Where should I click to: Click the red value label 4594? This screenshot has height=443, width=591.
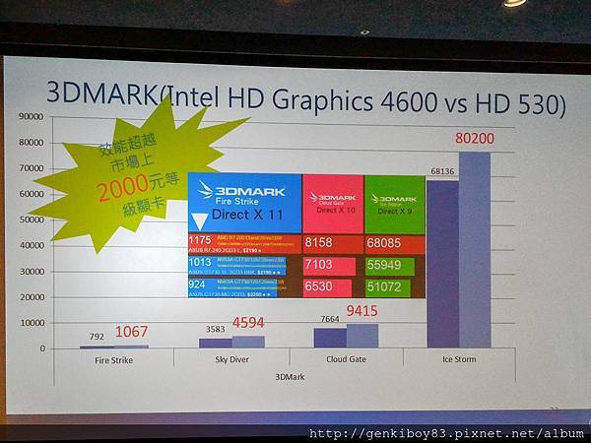[247, 323]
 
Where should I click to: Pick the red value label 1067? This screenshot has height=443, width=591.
[132, 332]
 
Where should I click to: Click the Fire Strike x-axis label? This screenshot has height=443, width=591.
[113, 359]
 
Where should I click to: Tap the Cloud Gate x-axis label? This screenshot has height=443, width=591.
[345, 359]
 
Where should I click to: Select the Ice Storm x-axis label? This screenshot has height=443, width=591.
[458, 359]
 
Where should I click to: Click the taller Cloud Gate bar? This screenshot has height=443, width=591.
[362, 336]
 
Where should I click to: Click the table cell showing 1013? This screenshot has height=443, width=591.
[201, 263]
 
